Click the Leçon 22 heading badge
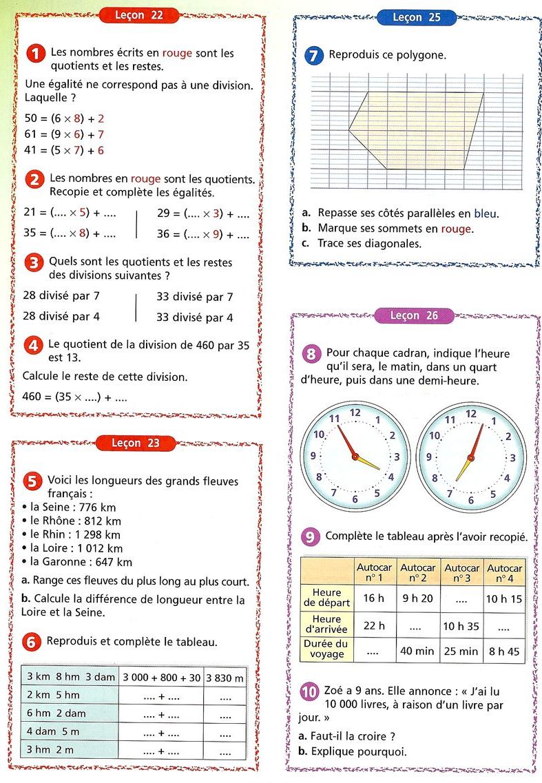click(x=139, y=15)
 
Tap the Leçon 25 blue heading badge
click(x=417, y=18)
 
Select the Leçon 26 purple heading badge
click(x=414, y=316)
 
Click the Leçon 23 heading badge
click(x=135, y=443)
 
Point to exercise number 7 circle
click(x=313, y=56)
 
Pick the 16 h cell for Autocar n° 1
click(x=374, y=598)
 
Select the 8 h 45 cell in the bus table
click(x=504, y=651)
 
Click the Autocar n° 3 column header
click(x=461, y=573)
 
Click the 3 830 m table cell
click(x=225, y=678)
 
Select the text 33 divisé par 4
click(x=194, y=317)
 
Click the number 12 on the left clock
click(x=355, y=413)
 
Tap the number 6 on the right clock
click(x=471, y=500)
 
